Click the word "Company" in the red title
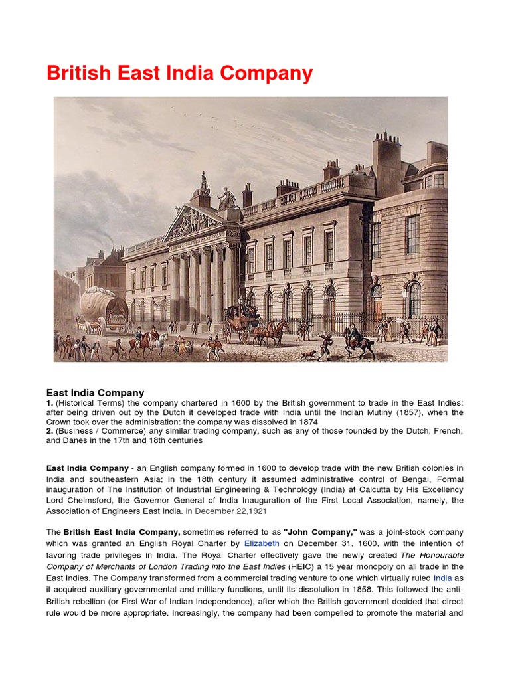pyautogui.click(x=269, y=74)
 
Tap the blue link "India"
pyautogui.click(x=442, y=578)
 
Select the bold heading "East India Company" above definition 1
pyautogui.click(x=95, y=393)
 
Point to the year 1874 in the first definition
pyautogui.click(x=306, y=422)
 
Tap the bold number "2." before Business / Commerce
pyautogui.click(x=50, y=431)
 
